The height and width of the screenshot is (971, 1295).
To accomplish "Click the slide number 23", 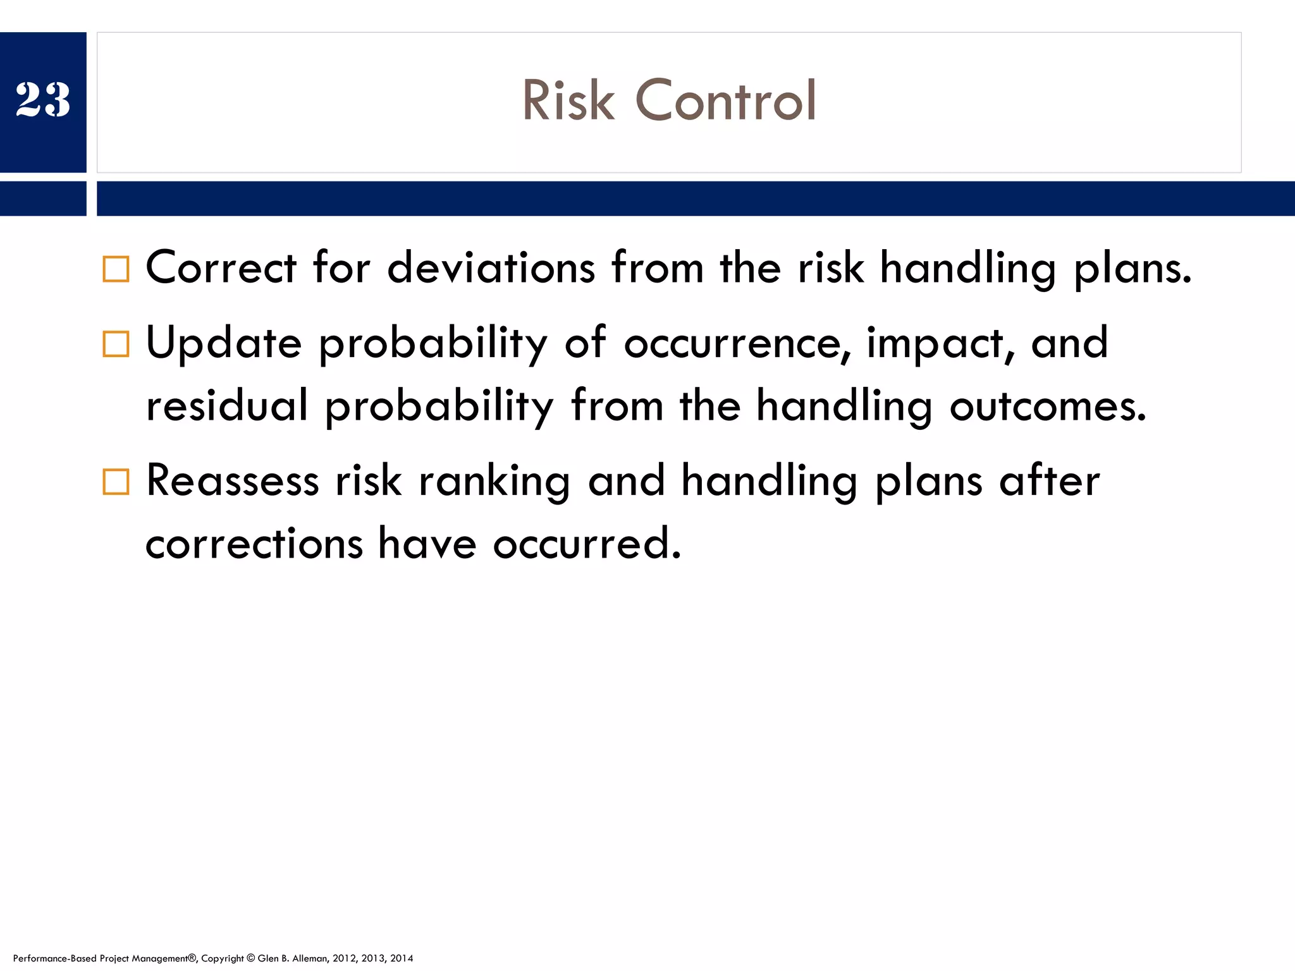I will click(43, 100).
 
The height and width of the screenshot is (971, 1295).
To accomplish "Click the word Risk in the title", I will click(568, 101).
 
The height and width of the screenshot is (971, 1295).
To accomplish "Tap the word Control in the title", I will click(725, 101).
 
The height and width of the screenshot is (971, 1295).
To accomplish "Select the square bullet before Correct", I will click(116, 269).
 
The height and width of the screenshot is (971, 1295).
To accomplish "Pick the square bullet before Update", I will click(116, 344).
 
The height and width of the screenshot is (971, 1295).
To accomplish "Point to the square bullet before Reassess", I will click(116, 482).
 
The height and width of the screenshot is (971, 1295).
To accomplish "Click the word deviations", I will click(491, 267).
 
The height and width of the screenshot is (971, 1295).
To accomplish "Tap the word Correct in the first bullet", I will click(221, 267).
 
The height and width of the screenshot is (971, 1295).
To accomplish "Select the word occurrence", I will click(737, 343).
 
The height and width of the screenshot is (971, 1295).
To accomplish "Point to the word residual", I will click(226, 405).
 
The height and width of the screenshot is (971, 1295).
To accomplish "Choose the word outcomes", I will click(1047, 405).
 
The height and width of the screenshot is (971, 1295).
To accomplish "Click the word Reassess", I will click(232, 480).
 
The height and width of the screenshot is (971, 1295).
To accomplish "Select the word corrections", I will click(254, 544).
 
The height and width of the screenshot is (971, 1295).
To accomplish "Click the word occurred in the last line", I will click(587, 544).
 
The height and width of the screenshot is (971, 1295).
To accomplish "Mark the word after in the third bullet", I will click(1049, 480).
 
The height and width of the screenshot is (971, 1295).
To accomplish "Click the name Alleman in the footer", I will click(309, 958).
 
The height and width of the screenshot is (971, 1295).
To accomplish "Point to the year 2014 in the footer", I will click(402, 958).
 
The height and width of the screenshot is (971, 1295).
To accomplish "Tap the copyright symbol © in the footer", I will click(250, 958).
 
